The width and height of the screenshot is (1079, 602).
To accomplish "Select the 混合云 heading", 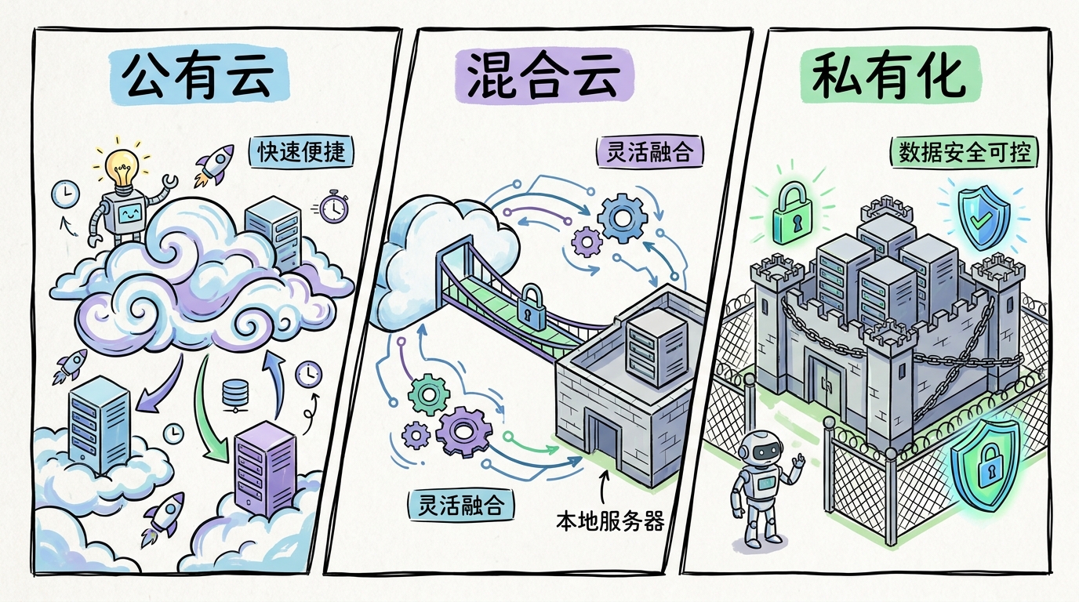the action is point(543,76).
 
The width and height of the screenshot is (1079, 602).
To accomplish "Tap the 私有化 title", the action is point(889,75).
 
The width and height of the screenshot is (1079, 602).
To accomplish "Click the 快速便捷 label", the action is point(302,152).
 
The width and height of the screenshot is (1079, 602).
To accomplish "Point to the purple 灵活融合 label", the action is point(649,152).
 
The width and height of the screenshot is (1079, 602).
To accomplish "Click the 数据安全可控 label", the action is point(965,153).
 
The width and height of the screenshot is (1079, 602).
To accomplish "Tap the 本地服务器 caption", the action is point(610,520).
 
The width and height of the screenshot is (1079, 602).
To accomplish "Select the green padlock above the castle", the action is point(792,212).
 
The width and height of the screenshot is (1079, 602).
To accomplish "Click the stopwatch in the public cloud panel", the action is point(333,206).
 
